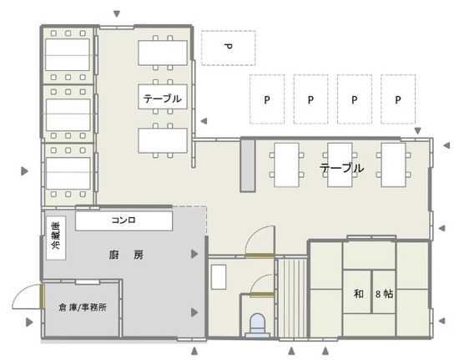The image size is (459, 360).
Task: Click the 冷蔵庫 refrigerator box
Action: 56,238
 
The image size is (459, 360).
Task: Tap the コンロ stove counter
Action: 124,221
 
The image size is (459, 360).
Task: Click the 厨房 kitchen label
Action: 127,256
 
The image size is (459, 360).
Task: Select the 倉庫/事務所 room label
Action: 83,307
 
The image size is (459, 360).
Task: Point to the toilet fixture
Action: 257,326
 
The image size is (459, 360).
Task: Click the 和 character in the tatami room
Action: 359,293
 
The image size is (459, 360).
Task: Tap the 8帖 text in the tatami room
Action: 385,293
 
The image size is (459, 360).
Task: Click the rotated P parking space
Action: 229,48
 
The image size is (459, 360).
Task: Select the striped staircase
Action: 292,298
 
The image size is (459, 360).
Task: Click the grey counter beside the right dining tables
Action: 248,165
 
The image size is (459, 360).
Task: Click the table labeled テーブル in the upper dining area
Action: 163,97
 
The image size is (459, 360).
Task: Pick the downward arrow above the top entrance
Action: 117,13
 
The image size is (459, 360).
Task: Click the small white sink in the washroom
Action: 219,276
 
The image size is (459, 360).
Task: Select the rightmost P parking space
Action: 398,99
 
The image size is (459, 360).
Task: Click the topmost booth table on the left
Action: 68,55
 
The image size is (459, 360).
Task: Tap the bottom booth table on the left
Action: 68,174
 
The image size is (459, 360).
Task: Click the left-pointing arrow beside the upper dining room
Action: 204,120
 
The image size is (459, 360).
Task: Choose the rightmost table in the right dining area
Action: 393,165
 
